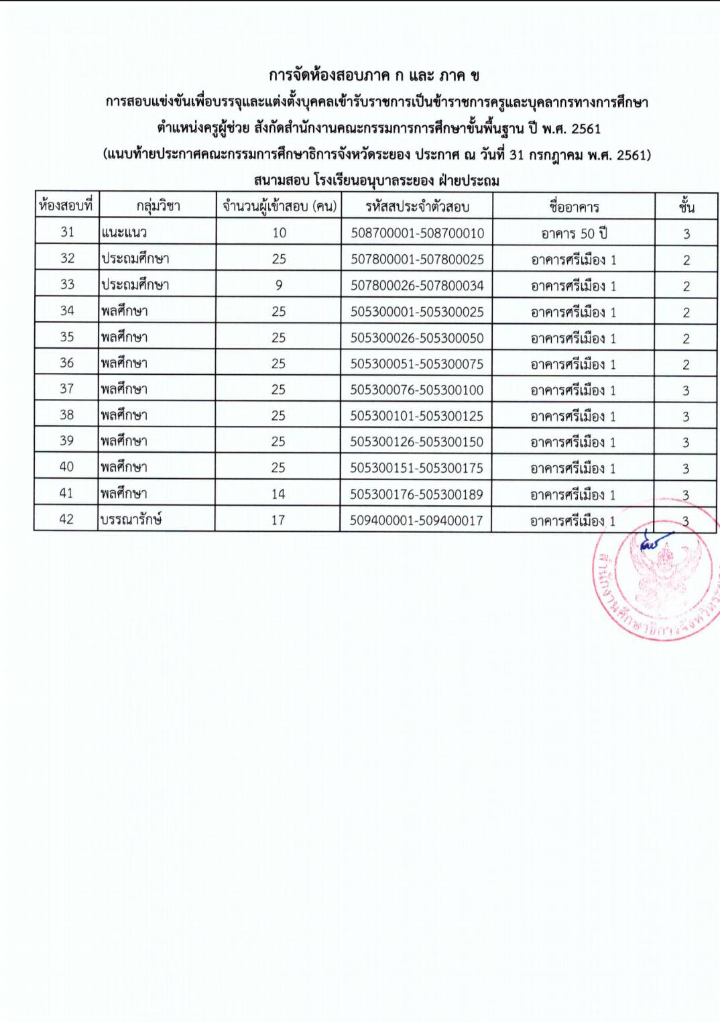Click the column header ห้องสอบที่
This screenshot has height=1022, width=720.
click(x=66, y=205)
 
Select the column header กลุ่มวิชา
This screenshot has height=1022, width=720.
click(x=158, y=206)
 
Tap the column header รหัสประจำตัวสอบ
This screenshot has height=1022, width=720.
click(x=417, y=207)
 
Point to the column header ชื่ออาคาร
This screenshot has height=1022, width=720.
click(x=574, y=207)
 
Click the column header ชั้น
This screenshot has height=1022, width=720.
click(x=686, y=207)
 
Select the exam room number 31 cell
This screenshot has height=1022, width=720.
click(x=67, y=232)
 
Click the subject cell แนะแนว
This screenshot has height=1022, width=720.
click(x=124, y=233)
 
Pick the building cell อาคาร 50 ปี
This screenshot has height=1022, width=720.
click(x=574, y=233)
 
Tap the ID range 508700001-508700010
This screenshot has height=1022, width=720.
click(x=417, y=233)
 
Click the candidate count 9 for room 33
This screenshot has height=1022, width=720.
click(x=279, y=285)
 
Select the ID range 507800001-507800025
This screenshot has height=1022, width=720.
click(x=417, y=260)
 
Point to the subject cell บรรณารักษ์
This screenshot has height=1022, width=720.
click(x=131, y=519)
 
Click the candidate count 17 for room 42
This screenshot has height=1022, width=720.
click(x=278, y=520)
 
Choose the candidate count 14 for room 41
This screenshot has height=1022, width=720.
click(x=278, y=494)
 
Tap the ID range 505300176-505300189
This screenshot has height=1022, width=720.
click(x=416, y=494)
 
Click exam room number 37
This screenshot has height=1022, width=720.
click(x=66, y=389)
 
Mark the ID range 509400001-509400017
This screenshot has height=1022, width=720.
click(x=416, y=520)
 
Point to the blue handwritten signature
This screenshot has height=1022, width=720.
click(x=654, y=542)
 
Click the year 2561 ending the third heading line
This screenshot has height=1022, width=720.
click(x=586, y=129)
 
